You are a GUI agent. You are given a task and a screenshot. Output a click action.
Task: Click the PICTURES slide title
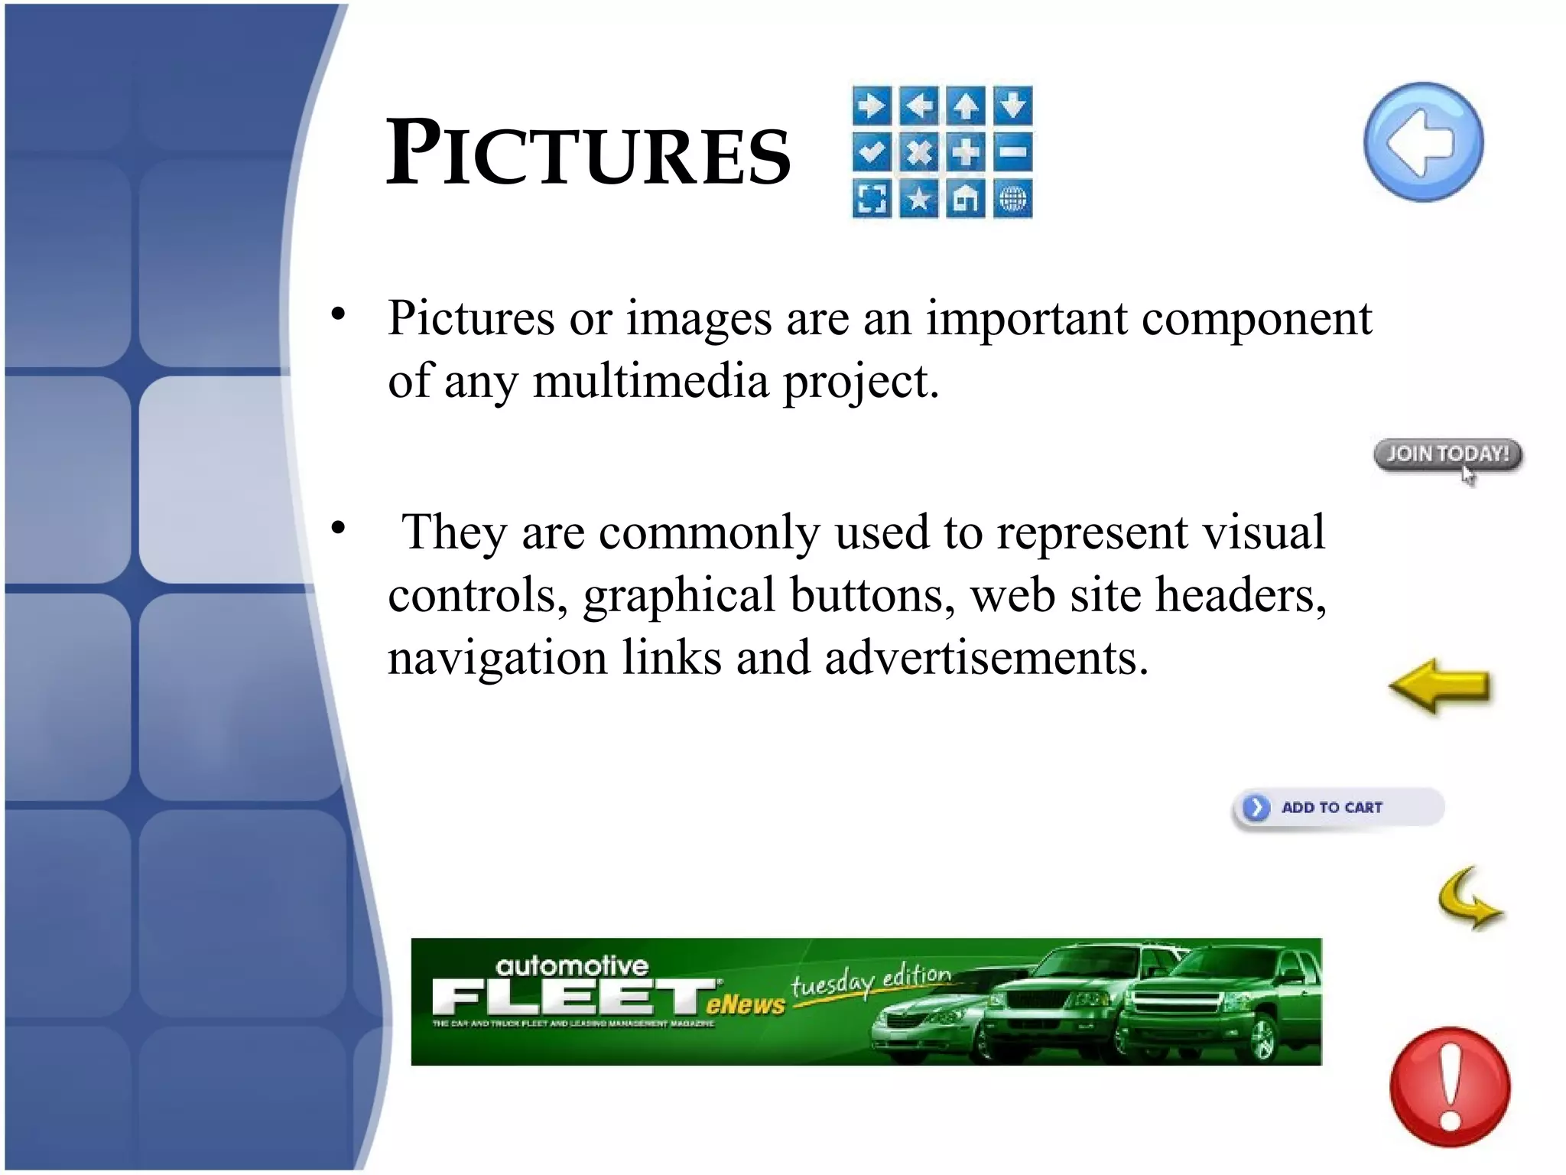click(588, 153)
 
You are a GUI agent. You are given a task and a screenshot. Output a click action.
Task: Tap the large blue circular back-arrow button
click(1423, 142)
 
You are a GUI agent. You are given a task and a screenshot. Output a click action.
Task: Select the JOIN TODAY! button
click(1447, 454)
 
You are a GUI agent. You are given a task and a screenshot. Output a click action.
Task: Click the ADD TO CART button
click(1337, 808)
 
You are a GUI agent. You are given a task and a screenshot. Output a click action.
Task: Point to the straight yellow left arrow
click(1439, 686)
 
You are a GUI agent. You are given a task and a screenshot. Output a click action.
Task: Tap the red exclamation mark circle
click(1450, 1087)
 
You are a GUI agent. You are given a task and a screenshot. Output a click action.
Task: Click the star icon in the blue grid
click(918, 199)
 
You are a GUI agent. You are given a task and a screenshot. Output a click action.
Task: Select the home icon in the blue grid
click(966, 199)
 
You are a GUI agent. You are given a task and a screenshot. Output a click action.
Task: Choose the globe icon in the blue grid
click(1013, 199)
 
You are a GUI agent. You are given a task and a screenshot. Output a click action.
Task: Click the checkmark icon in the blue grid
click(872, 151)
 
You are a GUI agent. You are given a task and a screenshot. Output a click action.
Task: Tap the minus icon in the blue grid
click(1013, 151)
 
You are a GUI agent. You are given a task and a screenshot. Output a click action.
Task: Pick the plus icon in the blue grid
click(966, 151)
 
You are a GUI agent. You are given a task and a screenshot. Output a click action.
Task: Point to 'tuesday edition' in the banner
click(871, 981)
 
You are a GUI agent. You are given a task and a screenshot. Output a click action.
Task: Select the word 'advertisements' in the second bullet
click(986, 658)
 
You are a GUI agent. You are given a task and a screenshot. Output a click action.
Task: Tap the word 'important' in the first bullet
click(1026, 318)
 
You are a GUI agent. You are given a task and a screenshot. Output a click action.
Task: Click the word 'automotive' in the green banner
click(571, 965)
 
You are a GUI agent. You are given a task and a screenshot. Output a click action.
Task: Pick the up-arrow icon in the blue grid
click(966, 105)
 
